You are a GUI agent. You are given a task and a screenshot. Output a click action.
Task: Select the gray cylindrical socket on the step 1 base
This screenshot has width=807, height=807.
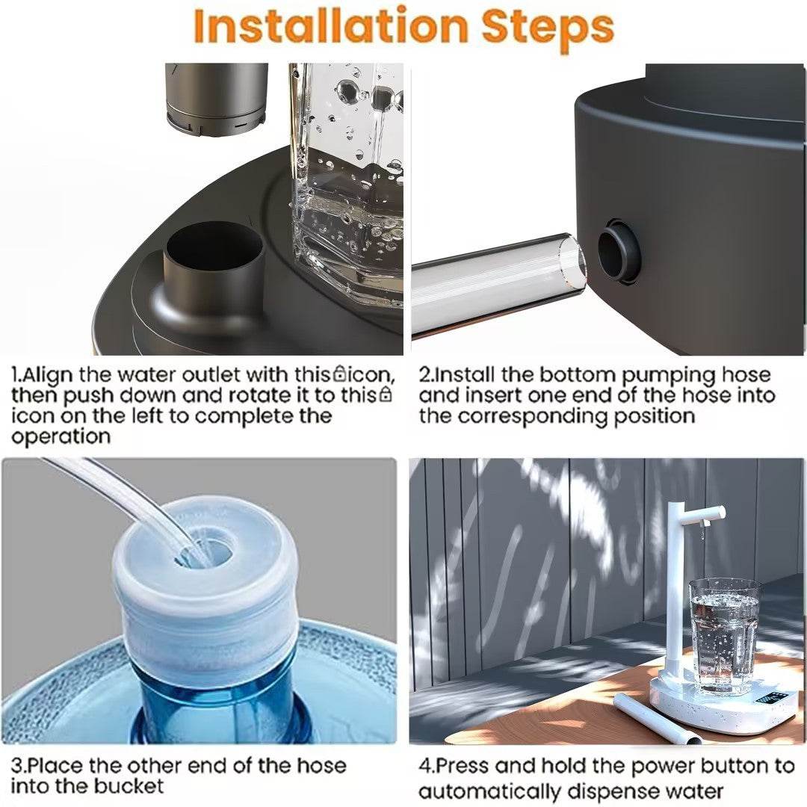click(x=214, y=269)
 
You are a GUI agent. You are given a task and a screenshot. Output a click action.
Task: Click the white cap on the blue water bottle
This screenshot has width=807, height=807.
click(x=205, y=590)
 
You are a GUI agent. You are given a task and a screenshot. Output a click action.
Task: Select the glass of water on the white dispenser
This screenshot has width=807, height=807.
click(x=723, y=636)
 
